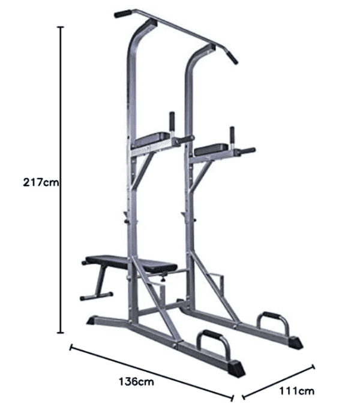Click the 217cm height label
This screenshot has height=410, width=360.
tap(41, 182)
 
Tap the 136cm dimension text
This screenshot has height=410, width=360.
tap(136, 382)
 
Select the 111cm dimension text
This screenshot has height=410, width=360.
tap(296, 391)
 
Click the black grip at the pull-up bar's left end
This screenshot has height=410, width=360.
tap(123, 14)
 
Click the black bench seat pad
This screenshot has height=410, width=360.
tap(131, 263)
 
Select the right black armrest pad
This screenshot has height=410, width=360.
tap(211, 149)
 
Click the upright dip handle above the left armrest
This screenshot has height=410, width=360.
tap(172, 121)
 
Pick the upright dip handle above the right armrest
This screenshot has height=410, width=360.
tap(232, 136)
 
